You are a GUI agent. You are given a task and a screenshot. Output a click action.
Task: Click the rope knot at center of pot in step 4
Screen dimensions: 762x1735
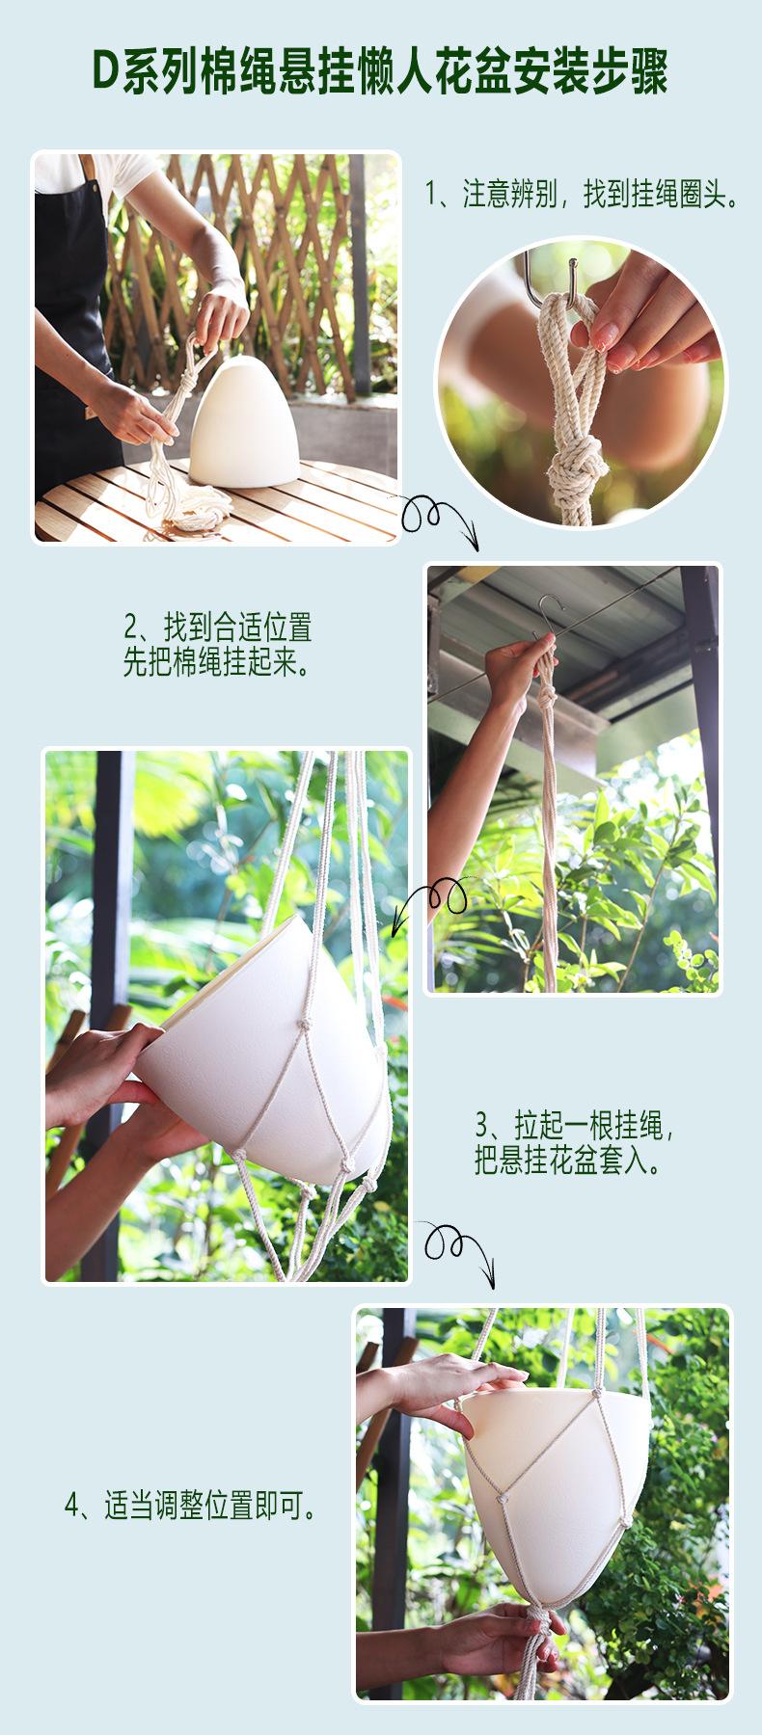pos(501,1499)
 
